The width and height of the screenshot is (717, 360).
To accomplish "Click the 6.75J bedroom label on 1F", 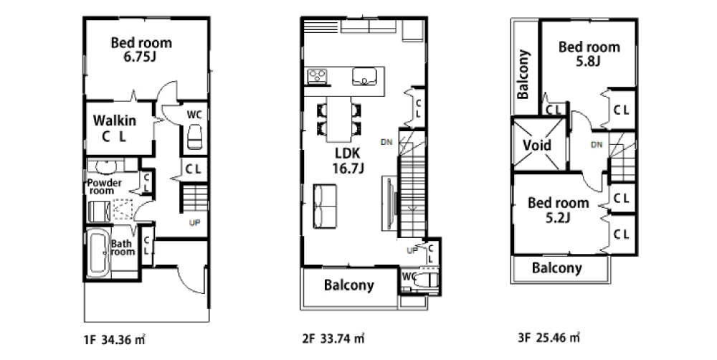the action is (x=142, y=49).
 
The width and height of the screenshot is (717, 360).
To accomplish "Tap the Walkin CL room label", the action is (x=114, y=128).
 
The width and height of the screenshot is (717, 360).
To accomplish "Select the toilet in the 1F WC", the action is (x=194, y=136).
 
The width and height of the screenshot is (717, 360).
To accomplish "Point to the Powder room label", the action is (x=105, y=186).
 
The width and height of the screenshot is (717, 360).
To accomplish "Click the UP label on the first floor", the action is (x=194, y=223).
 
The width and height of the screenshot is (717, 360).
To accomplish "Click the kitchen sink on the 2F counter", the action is (x=364, y=77).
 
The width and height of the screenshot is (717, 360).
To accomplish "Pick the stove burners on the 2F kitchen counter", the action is (x=317, y=77).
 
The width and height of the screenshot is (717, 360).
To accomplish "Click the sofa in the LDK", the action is (x=325, y=206).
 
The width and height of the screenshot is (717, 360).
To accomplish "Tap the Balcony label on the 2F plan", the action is (x=349, y=286).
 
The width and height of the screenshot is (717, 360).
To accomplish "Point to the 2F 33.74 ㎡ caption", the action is (x=333, y=339).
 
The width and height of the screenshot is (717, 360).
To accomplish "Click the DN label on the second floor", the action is (x=386, y=142).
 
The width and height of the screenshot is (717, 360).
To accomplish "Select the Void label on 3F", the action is (x=537, y=145).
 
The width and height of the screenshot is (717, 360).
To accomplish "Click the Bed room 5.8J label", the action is (x=589, y=53).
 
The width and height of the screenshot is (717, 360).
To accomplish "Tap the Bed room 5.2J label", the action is (x=559, y=209).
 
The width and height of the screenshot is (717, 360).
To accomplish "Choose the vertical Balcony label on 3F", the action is (x=523, y=75).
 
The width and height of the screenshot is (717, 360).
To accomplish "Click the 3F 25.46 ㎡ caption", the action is (x=549, y=338).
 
